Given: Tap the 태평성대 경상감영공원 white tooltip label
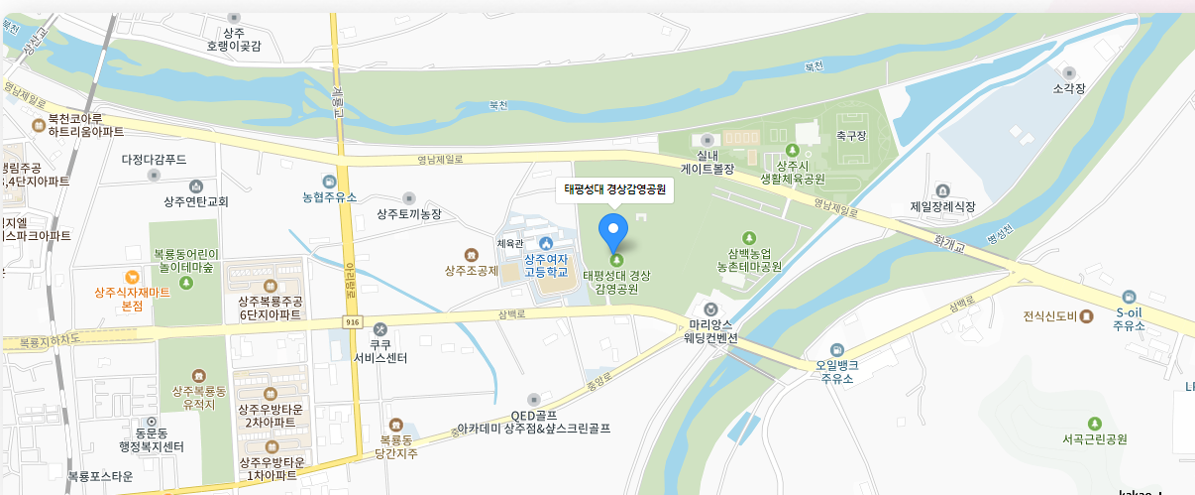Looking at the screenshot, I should tap(614, 188).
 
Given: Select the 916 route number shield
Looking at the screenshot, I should tap(353, 322).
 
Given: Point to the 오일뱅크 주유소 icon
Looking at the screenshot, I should tap(837, 349).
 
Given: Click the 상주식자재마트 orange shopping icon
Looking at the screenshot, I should tap(132, 276).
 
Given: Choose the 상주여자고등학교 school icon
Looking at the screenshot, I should tap(546, 244).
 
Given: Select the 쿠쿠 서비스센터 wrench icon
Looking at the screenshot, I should tap(380, 329).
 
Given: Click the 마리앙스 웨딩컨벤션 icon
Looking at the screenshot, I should tap(710, 308).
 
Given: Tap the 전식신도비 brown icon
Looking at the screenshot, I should tap(1087, 317).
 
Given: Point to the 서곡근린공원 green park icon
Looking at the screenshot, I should tap(1094, 424).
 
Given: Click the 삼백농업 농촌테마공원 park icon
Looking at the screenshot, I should tap(750, 238).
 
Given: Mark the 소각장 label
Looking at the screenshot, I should tap(1069, 88).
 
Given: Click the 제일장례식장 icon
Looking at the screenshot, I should tap(942, 189).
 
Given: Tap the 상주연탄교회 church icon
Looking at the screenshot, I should tap(196, 186).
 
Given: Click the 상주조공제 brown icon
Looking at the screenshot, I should tap(470, 254).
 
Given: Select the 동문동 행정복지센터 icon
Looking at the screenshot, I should tap(153, 422).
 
